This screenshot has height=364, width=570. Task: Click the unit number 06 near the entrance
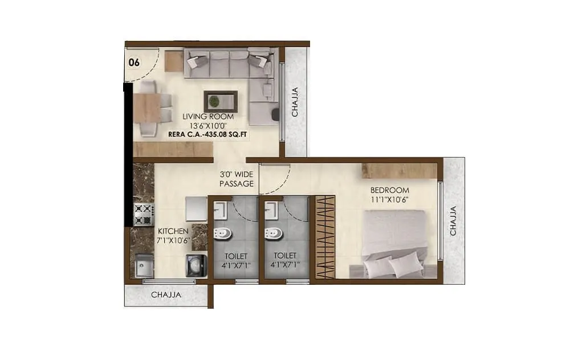click(134, 63)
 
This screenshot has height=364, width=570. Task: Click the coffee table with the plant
click(221, 101)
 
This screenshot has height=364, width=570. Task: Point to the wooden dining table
click(146, 108)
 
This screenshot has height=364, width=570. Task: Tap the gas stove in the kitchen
click(144, 215)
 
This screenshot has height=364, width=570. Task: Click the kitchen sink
click(142, 265)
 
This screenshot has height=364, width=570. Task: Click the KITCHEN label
click(173, 231)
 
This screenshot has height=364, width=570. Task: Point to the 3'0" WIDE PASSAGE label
click(236, 179)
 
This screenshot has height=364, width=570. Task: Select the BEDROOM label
click(390, 190)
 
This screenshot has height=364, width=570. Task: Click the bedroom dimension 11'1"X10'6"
click(390, 199)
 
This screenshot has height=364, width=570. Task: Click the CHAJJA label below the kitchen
click(166, 295)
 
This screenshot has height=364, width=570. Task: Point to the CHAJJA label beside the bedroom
click(454, 221)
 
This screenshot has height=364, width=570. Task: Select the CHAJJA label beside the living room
click(295, 102)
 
